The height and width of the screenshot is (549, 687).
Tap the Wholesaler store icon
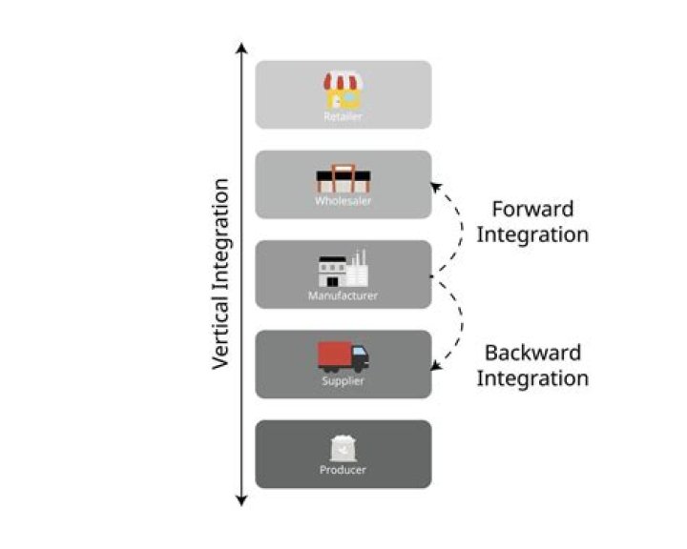click(x=343, y=179)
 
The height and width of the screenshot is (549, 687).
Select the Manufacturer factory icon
click(x=343, y=270)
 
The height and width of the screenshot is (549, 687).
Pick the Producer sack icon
click(x=343, y=448)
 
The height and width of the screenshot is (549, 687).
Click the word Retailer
click(x=343, y=116)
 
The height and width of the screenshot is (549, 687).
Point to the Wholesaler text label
click(x=343, y=201)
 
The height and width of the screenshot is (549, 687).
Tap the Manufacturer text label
click(x=343, y=295)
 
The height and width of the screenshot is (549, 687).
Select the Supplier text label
click(x=343, y=381)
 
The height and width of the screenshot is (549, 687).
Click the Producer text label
click(x=343, y=470)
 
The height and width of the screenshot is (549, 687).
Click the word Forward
click(x=532, y=209)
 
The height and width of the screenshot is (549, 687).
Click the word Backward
click(x=532, y=353)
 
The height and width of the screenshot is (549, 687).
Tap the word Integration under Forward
click(x=532, y=234)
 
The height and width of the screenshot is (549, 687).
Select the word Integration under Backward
click(x=532, y=378)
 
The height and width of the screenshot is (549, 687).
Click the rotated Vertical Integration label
click(x=220, y=274)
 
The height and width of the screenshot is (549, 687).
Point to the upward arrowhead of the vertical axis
click(x=242, y=48)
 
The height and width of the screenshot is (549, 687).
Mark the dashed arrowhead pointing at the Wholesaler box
click(x=437, y=187)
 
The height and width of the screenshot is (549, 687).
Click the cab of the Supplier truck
click(x=360, y=359)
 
